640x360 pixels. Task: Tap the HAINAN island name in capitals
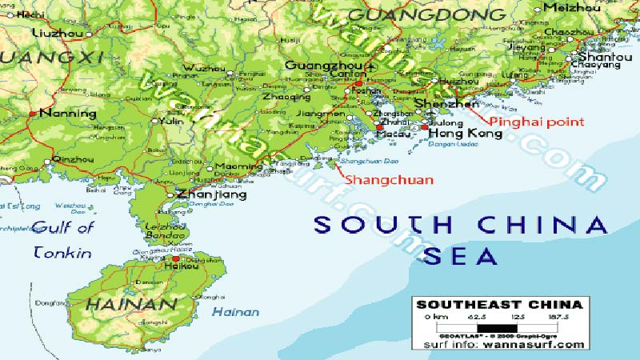click(130, 305)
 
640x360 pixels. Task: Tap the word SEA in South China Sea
click(460, 256)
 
